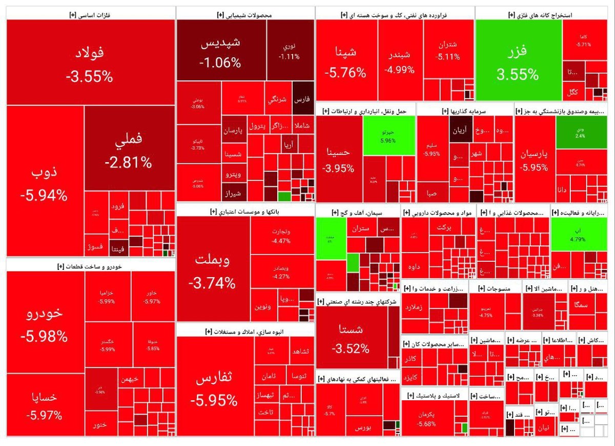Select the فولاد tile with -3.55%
[x=90, y=62]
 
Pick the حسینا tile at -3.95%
[x=339, y=159]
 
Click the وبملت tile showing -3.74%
[x=213, y=269]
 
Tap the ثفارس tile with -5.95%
[x=215, y=387]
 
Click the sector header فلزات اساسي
[x=90, y=15]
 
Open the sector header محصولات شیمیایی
[x=244, y=15]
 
